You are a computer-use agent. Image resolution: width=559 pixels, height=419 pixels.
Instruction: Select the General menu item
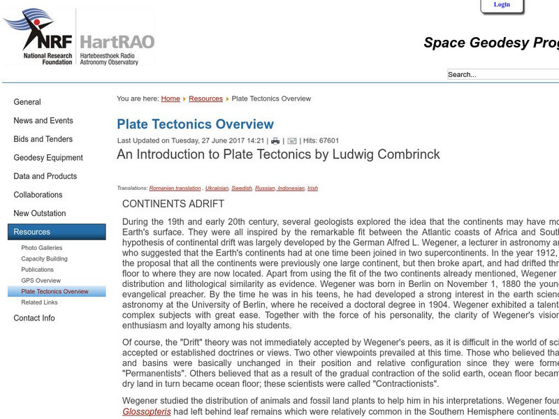click(27, 102)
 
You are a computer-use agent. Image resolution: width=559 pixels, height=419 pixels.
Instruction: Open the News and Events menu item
click(43, 121)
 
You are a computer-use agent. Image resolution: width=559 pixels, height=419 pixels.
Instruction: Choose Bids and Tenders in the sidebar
click(43, 139)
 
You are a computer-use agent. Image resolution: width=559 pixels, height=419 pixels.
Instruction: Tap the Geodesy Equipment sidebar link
click(48, 158)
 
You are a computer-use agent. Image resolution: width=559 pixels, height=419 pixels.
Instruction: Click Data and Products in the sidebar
click(45, 177)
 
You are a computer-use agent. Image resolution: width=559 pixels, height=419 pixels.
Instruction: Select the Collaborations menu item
click(38, 195)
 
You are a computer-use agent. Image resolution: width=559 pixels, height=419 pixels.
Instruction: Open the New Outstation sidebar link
click(40, 214)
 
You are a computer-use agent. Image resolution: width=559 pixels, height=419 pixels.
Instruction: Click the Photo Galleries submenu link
click(42, 248)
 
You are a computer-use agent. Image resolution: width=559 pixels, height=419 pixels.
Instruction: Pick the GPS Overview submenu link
click(41, 281)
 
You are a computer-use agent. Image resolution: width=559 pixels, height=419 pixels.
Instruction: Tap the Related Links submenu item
click(40, 302)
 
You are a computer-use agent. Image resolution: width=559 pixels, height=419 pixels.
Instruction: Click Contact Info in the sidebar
click(34, 318)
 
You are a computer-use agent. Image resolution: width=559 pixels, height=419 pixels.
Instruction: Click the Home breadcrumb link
click(170, 99)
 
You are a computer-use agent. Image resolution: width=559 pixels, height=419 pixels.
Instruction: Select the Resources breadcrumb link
click(205, 99)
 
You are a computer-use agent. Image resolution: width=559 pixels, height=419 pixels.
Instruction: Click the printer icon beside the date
click(275, 141)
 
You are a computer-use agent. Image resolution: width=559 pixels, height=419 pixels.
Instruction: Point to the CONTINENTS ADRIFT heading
click(173, 204)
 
